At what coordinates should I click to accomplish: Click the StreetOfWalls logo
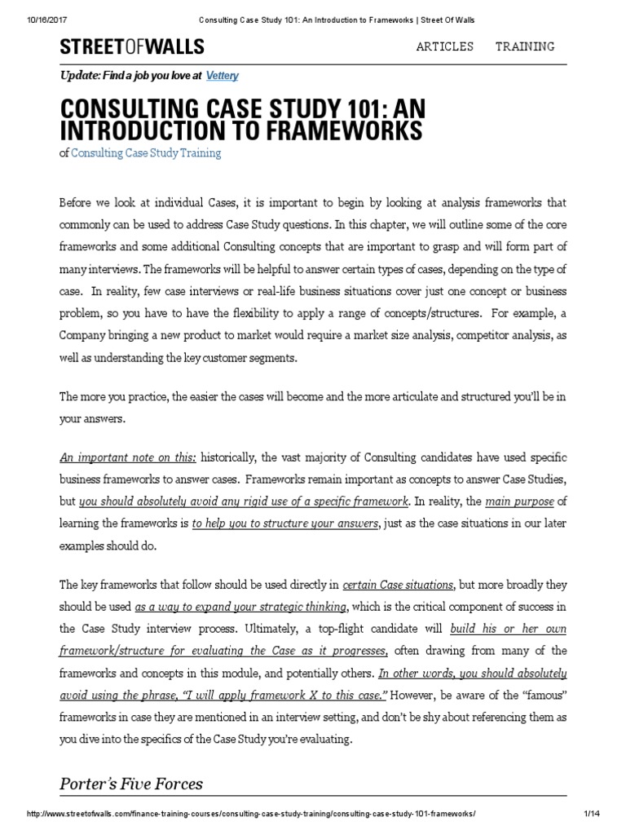[x=131, y=47]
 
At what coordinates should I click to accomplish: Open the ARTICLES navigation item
[x=444, y=46]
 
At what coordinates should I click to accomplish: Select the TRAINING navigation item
[x=525, y=46]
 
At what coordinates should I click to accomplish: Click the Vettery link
[x=223, y=75]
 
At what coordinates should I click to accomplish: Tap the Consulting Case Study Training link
[x=146, y=152]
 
